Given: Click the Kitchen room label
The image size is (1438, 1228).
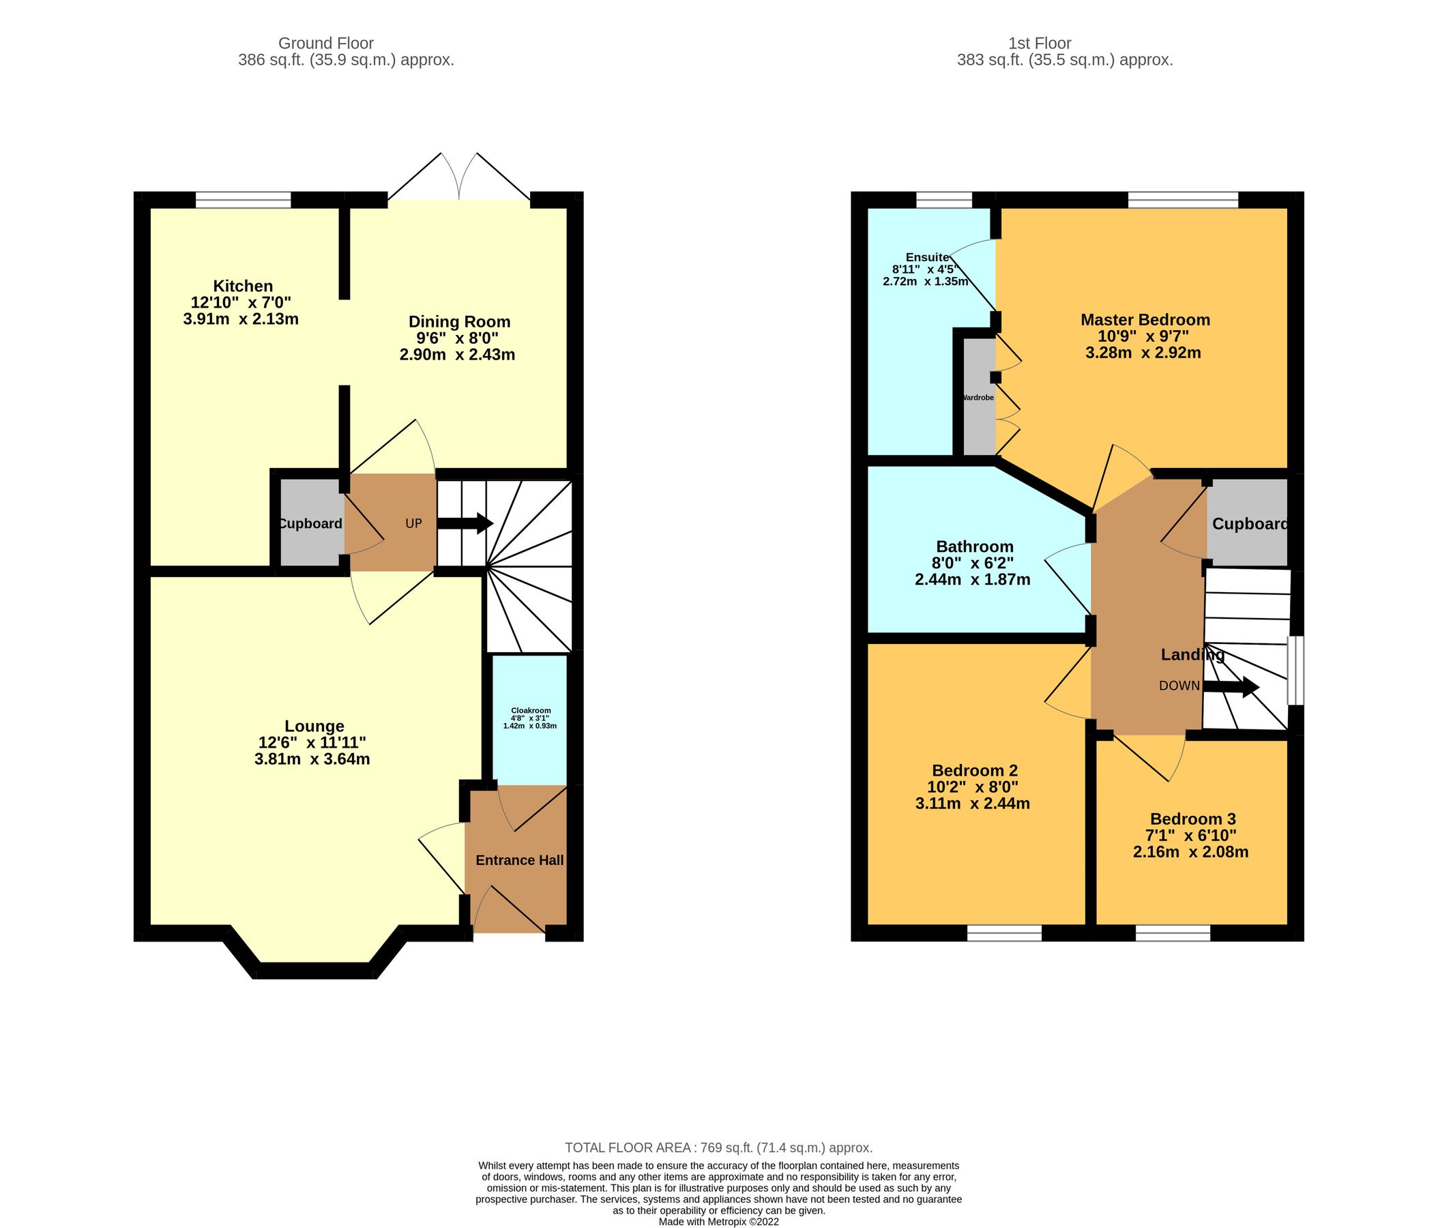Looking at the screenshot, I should [x=242, y=286].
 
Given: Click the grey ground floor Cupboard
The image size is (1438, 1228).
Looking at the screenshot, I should [x=310, y=523].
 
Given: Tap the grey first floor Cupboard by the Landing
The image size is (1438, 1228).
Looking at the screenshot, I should [x=1248, y=524].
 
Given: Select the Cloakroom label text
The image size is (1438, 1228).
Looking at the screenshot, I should [x=530, y=710].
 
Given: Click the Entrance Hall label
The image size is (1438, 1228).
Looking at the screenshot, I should [x=519, y=860].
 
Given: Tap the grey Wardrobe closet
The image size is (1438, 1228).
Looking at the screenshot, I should [x=978, y=398].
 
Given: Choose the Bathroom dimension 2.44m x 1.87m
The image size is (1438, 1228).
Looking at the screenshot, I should [x=972, y=579].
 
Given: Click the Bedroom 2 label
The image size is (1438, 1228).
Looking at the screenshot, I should [x=974, y=770].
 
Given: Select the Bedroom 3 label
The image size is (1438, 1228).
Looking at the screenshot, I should [x=1192, y=819].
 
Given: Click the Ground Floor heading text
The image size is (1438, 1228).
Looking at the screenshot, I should [x=325, y=44].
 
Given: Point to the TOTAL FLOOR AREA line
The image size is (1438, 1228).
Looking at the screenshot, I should [x=718, y=1147].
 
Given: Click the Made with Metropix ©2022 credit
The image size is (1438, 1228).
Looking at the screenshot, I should [x=718, y=1222].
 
